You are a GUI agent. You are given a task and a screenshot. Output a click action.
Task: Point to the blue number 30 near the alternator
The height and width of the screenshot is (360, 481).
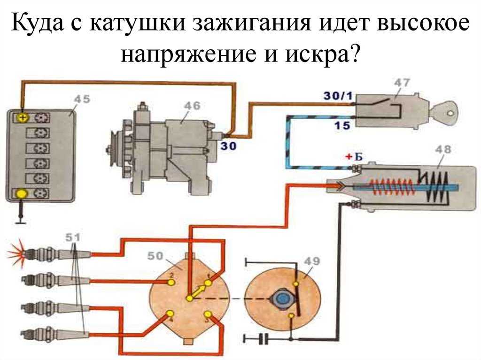[229, 146]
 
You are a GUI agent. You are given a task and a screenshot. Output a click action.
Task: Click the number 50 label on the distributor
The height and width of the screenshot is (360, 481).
[155, 257]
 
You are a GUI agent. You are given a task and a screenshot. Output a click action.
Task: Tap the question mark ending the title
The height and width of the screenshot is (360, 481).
[353, 55]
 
